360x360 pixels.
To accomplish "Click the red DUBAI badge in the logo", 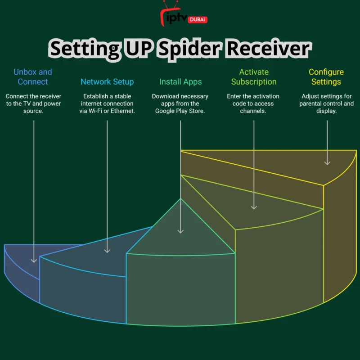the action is (x=198, y=19).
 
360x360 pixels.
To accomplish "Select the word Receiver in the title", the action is (x=269, y=48).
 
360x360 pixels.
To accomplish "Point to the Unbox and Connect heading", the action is (x=33, y=76).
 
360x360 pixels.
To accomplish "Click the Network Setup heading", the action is (x=107, y=82).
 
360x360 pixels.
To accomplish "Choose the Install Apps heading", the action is (x=180, y=82).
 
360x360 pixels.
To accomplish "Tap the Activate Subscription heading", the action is (x=254, y=76).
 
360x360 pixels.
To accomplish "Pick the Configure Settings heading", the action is (x=326, y=76).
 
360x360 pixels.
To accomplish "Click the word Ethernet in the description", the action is (x=122, y=111).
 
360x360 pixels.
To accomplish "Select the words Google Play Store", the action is (x=180, y=111).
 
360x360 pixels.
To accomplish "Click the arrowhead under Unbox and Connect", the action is (x=34, y=261).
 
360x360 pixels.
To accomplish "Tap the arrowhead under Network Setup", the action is (x=107, y=251).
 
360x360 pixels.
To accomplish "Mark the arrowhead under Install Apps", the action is (x=180, y=231).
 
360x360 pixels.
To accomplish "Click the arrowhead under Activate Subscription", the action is (x=254, y=207).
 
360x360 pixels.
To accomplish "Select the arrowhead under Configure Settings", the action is (x=327, y=163).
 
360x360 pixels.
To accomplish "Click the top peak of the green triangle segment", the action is (x=180, y=198).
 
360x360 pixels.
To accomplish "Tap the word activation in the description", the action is (x=266, y=96).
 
